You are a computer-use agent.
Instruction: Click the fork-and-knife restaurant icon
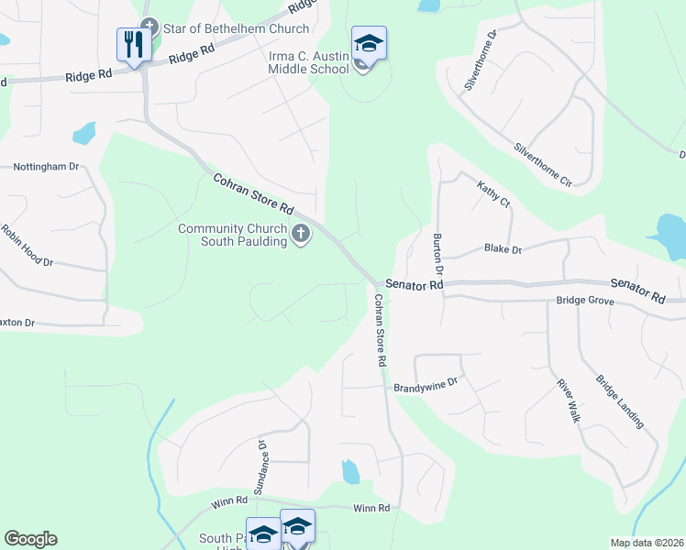click(x=134, y=44)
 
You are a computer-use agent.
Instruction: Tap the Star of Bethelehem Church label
click(x=226, y=27)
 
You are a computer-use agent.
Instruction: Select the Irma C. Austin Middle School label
click(x=309, y=62)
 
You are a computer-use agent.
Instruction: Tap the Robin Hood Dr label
click(x=28, y=245)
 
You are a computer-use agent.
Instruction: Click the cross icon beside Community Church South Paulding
click(x=300, y=236)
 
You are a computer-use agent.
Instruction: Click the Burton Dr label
click(x=437, y=255)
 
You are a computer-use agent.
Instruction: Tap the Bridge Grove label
click(x=584, y=301)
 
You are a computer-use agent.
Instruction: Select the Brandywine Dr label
click(x=425, y=387)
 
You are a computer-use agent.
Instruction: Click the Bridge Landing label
click(x=619, y=401)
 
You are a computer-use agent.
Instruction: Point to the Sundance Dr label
click(x=260, y=467)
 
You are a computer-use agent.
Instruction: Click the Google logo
click(x=30, y=539)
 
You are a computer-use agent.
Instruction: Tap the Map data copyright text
click(x=647, y=542)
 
